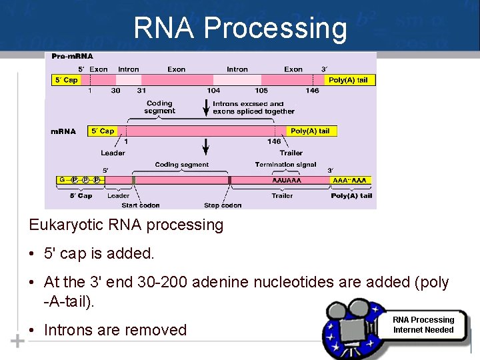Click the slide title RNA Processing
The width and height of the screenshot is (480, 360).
240,28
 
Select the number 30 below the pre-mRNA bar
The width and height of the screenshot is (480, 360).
115,91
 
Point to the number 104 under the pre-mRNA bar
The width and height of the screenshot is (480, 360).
213,91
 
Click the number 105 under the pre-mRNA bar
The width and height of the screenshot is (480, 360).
261,91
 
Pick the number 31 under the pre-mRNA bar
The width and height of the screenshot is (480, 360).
141,91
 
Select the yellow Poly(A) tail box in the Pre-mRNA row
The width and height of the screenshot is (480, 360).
348,80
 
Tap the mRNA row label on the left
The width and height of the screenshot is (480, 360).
63,131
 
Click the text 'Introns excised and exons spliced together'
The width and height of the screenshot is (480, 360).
248,107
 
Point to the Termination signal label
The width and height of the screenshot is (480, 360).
285,165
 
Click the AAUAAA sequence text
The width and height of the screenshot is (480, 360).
287,180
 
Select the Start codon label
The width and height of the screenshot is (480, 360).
141,205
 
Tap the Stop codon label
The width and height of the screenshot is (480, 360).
223,205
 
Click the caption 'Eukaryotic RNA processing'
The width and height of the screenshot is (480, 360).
126,225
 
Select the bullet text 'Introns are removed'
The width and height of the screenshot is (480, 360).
115,330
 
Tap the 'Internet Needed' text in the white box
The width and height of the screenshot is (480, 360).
423,330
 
